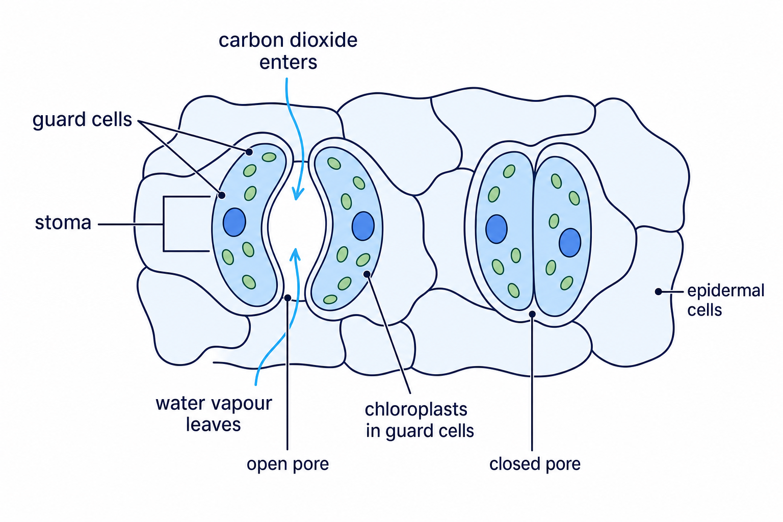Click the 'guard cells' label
click(82, 120)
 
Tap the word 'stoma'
click(63, 223)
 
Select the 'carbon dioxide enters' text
click(288, 51)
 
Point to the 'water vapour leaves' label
click(214, 414)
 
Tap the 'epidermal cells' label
click(726, 300)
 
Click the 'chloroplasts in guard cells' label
click(419, 420)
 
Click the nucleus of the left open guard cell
click(234, 222)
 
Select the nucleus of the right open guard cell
click(363, 226)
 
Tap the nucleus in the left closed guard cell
click(497, 229)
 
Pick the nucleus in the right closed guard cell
click(570, 243)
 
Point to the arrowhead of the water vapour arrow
click(296, 254)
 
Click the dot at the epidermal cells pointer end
click(658, 292)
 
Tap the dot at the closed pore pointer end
click(532, 315)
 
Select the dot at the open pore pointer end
click(288, 298)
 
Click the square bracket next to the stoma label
click(164, 224)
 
